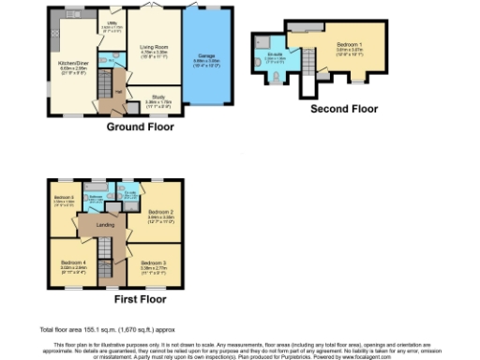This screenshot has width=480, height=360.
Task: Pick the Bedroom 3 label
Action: (154, 264)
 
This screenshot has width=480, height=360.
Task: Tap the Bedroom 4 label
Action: (74, 264)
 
